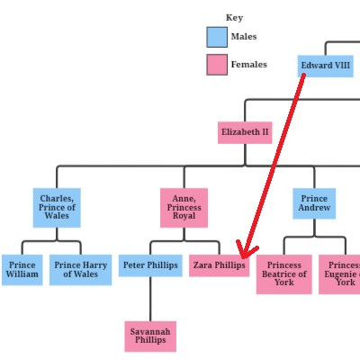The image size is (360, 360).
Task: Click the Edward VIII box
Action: click(326, 66)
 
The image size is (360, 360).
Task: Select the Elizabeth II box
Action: click(245, 132)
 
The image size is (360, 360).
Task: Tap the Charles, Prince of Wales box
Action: click(57, 208)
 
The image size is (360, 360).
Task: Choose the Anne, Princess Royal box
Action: click(184, 208)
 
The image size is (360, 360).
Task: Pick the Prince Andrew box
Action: click(314, 203)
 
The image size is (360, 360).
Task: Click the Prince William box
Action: click(22, 270)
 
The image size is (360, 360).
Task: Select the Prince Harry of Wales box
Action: click(81, 270)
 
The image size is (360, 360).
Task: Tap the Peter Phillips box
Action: click(150, 265)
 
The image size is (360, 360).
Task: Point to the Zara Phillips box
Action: click(219, 265)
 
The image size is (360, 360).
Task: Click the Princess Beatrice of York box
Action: click(284, 274)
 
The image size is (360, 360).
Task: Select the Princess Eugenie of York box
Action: click(339, 274)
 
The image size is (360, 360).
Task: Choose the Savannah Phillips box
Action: click(150, 337)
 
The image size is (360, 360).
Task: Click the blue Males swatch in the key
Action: click(217, 37)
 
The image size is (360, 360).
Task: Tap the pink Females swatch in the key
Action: click(217, 65)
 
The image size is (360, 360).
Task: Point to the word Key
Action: click(234, 18)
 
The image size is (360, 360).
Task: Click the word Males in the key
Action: click(244, 37)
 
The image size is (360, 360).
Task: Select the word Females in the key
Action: click(249, 64)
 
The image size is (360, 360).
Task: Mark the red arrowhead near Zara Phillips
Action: click(246, 250)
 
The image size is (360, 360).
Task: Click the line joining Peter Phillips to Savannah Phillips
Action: click(150, 299)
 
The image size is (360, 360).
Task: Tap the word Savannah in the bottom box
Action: click(150, 331)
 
